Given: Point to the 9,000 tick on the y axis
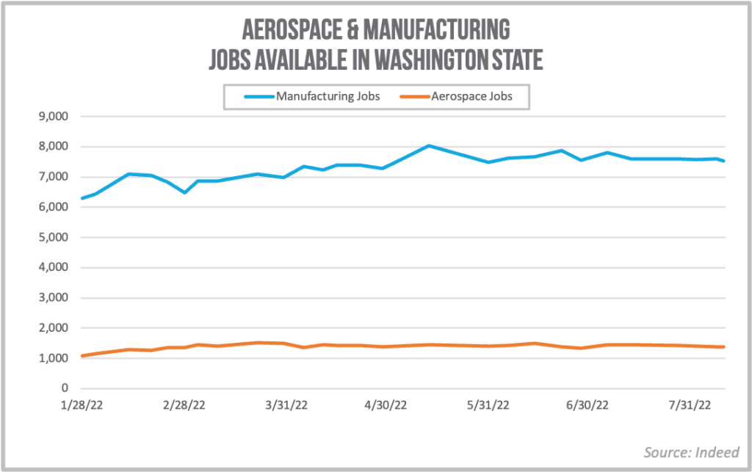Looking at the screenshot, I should pos(53,117).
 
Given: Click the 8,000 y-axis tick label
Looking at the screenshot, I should pos(53,147).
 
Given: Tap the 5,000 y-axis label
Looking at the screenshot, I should pos(53,238).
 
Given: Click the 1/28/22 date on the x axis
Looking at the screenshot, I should pos(81,406).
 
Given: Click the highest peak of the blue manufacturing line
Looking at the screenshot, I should pos(429,145).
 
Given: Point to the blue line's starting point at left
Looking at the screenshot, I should pos(82,198).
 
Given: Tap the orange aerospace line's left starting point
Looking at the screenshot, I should pos(82,356).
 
